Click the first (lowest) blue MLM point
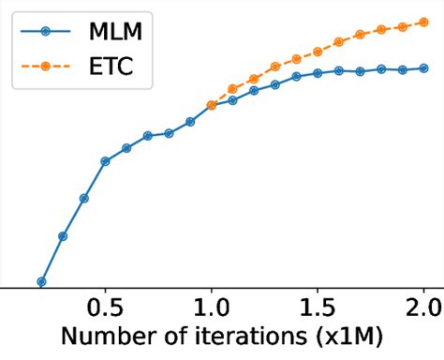click(41, 281)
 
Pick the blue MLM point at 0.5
click(105, 161)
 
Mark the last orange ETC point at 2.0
click(423, 22)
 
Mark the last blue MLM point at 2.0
click(423, 68)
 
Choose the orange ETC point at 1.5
click(318, 52)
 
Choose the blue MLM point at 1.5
click(318, 73)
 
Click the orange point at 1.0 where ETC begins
click(212, 105)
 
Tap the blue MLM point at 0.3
click(63, 236)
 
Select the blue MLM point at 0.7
click(148, 136)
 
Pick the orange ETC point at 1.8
click(381, 31)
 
